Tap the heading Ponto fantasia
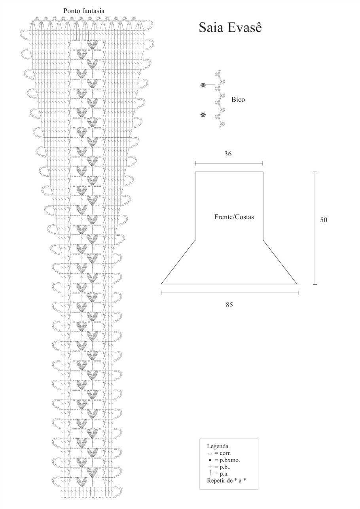click(x=83, y=11)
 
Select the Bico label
click(x=238, y=100)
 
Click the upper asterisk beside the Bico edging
click(x=203, y=85)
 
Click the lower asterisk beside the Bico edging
click(x=203, y=115)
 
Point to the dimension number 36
click(x=228, y=154)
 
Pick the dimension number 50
click(x=324, y=220)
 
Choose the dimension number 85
click(x=229, y=305)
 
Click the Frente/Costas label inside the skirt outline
click(x=234, y=217)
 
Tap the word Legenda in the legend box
click(x=218, y=446)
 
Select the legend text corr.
click(x=225, y=453)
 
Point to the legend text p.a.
click(x=224, y=474)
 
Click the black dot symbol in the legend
click(x=210, y=460)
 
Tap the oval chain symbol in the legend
click(x=210, y=454)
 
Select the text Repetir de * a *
click(x=226, y=481)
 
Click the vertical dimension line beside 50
click(x=315, y=228)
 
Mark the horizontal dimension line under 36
click(x=229, y=163)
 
